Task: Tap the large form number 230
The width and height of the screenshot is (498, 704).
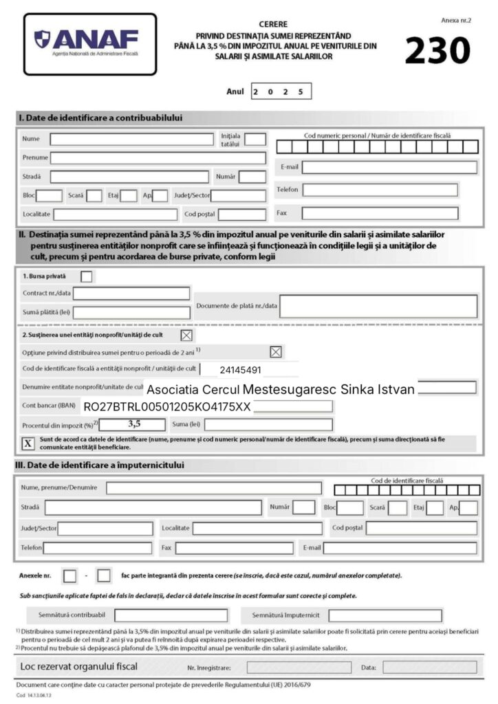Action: (437, 50)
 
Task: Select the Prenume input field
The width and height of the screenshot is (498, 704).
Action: (158, 158)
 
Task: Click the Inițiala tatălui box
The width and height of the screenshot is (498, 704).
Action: (255, 139)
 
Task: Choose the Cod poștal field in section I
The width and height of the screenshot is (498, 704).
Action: (241, 214)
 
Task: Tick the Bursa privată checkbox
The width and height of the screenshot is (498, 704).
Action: (87, 276)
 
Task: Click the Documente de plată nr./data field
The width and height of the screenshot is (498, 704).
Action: (378, 306)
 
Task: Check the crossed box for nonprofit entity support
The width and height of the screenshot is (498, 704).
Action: (186, 335)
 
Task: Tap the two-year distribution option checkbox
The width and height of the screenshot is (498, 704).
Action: (275, 352)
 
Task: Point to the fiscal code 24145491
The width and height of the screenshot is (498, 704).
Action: (240, 370)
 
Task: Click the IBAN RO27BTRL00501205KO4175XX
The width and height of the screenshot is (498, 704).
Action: (166, 407)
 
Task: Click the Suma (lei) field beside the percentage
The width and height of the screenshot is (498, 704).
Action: (268, 425)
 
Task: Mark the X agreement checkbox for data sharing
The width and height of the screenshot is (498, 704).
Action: (28, 443)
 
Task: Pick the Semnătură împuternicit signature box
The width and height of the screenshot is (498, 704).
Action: (385, 615)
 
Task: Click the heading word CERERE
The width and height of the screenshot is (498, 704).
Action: (274, 24)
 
